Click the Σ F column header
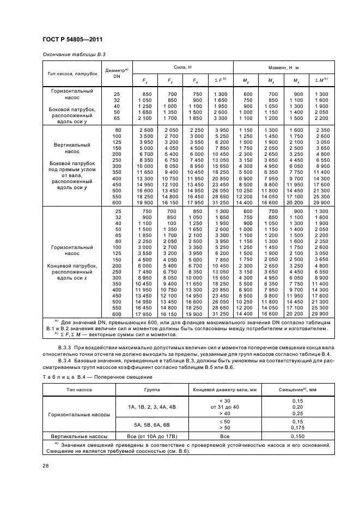coord(221,81)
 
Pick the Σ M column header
coord(321,81)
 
